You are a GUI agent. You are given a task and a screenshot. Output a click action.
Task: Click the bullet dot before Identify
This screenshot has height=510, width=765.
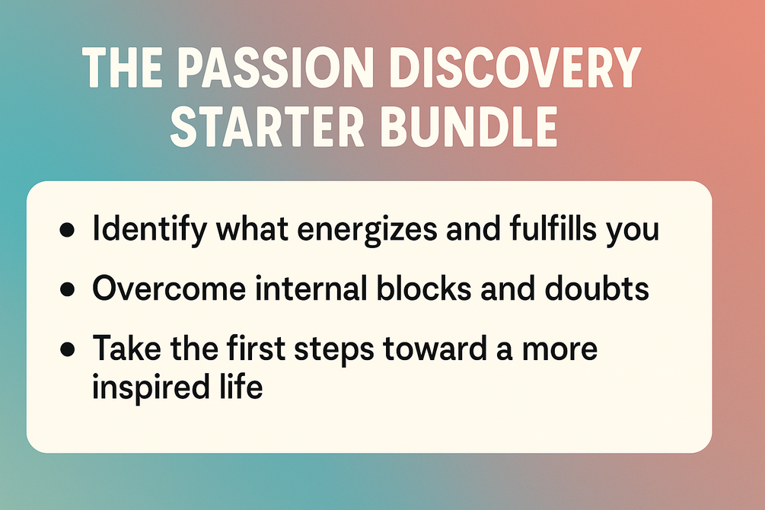(67, 229)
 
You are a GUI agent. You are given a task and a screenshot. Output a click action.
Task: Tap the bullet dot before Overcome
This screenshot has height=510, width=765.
(67, 289)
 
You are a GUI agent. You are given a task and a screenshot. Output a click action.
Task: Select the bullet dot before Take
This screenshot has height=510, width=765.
(67, 349)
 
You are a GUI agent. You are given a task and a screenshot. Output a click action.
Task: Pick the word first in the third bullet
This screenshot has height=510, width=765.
(256, 348)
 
